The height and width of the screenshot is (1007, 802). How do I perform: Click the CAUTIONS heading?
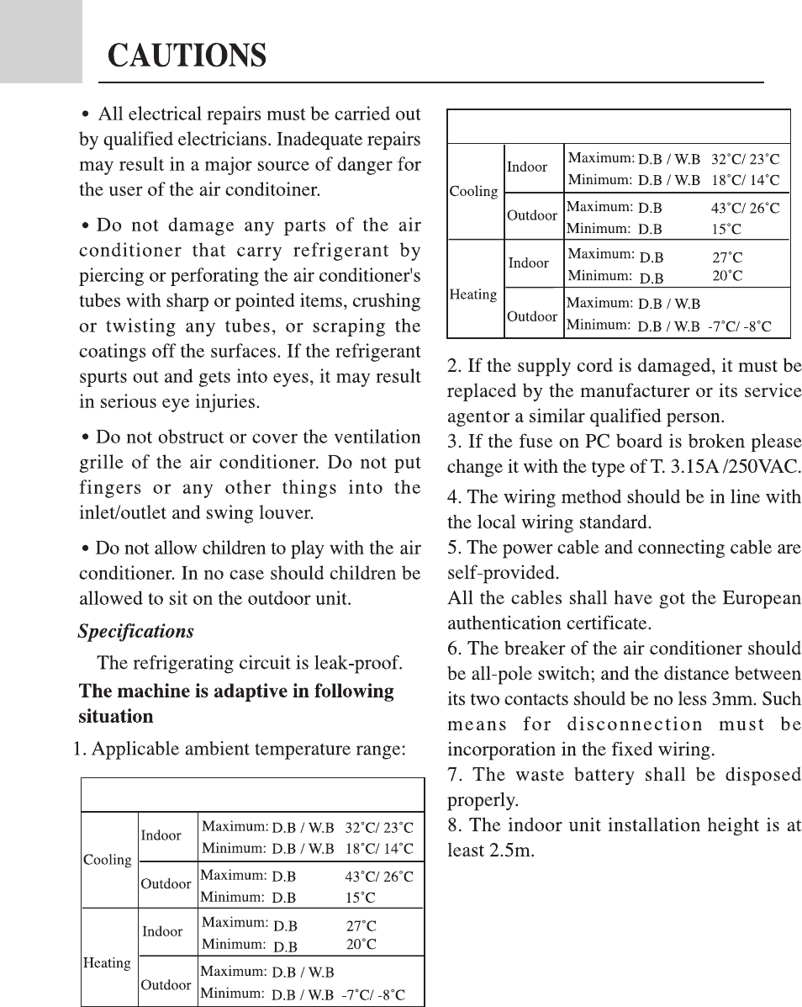click(187, 56)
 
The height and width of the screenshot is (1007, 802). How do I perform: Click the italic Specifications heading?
click(135, 631)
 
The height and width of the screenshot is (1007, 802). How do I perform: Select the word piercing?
click(111, 275)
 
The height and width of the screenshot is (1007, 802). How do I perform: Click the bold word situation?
click(116, 717)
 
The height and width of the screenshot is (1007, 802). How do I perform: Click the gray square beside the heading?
click(40, 41)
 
